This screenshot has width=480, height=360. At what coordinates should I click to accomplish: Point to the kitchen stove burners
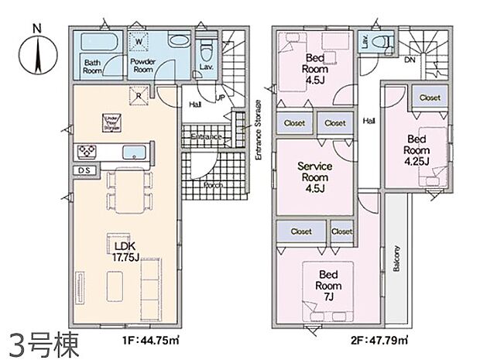click(85, 149)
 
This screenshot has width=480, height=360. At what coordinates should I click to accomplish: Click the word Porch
click(213, 186)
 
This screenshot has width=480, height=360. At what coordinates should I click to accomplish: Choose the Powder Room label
click(143, 66)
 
